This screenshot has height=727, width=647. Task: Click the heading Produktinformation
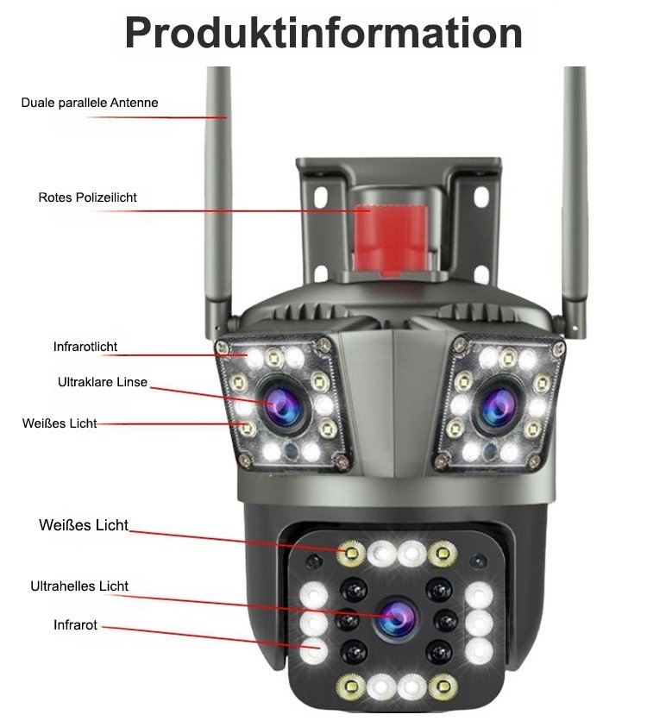(x=323, y=33)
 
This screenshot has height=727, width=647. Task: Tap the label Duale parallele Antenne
(x=90, y=103)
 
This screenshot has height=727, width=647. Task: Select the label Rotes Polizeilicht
(x=87, y=197)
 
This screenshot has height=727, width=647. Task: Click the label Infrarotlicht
(x=85, y=348)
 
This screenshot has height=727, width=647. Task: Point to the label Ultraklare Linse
(x=103, y=381)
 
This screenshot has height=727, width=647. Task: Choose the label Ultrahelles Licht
(x=79, y=586)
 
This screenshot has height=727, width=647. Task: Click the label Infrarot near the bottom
(x=75, y=624)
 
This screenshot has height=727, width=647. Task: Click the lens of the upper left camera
(x=282, y=403)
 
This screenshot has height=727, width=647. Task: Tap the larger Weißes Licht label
(x=84, y=525)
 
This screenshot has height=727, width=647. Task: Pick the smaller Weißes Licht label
(x=60, y=423)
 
